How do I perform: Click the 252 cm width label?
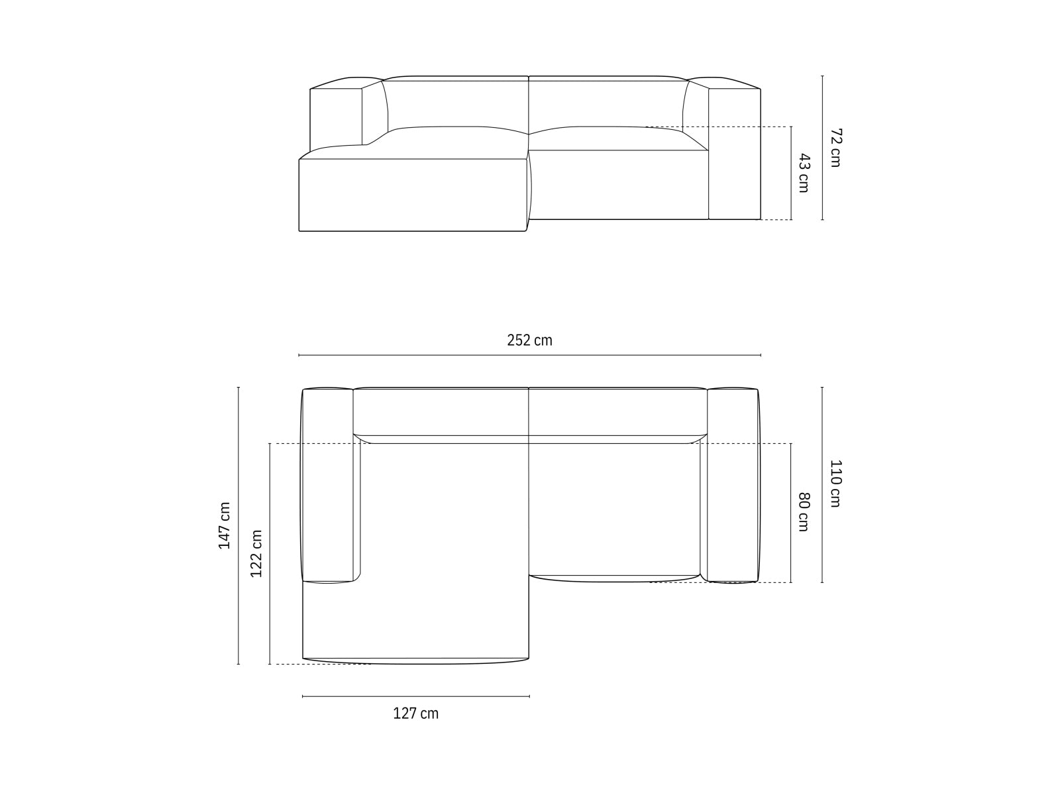[529, 341]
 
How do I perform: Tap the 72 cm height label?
[835, 147]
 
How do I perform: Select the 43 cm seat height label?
[804, 173]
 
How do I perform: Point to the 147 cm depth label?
[225, 525]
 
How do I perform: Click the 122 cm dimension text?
[256, 554]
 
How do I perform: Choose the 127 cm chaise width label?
[415, 714]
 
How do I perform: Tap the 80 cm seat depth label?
[804, 511]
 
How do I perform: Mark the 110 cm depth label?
[835, 484]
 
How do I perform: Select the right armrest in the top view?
[732, 485]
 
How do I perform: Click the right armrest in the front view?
[734, 154]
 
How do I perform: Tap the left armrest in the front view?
[336, 116]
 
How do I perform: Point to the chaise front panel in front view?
[412, 195]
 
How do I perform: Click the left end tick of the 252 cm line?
[299, 356]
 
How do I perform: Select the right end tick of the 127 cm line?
[529, 696]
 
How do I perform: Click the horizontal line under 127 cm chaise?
[415, 696]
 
